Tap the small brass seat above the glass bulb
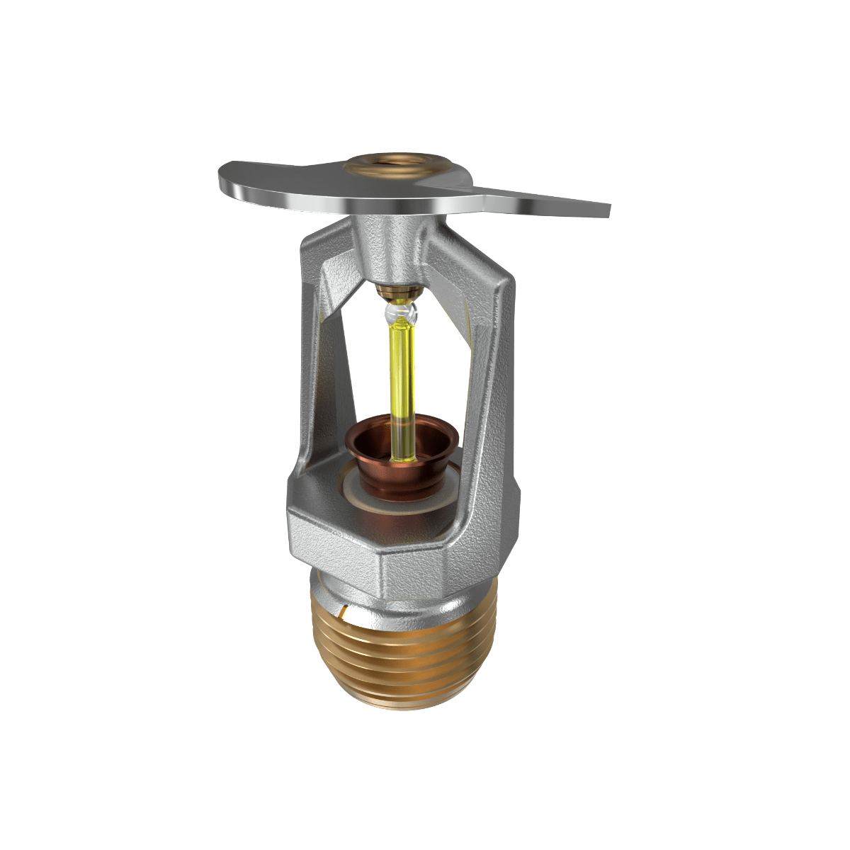pyautogui.click(x=399, y=291)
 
